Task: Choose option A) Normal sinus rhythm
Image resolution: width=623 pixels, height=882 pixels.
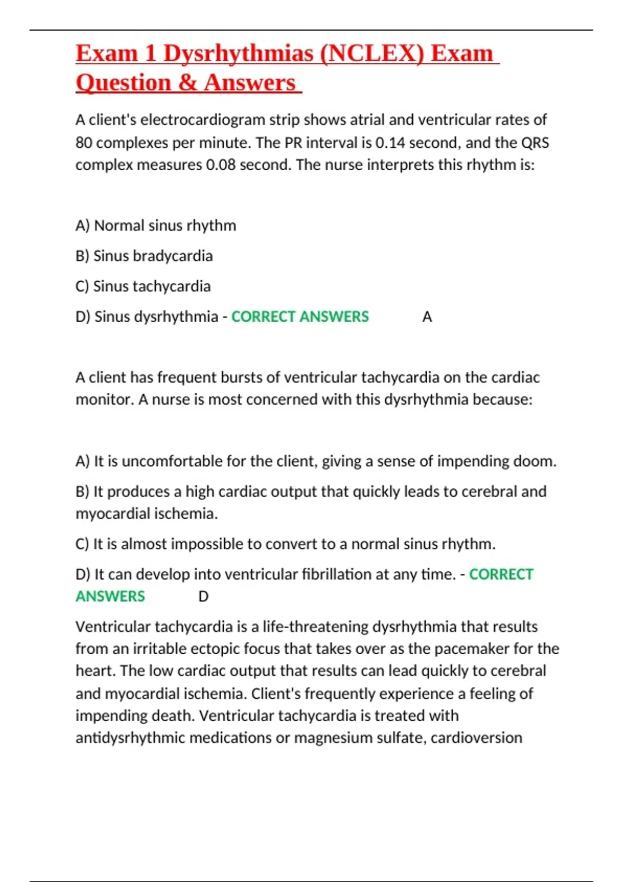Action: point(156,226)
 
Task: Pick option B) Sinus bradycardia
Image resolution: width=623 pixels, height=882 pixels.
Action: point(144,256)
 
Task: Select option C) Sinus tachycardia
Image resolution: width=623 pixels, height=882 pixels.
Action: point(143,286)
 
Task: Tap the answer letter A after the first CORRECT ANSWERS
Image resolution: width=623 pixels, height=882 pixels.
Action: point(427,317)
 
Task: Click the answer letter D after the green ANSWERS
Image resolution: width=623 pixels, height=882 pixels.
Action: point(204,597)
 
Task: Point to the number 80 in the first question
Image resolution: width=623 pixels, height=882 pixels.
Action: point(84,143)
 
